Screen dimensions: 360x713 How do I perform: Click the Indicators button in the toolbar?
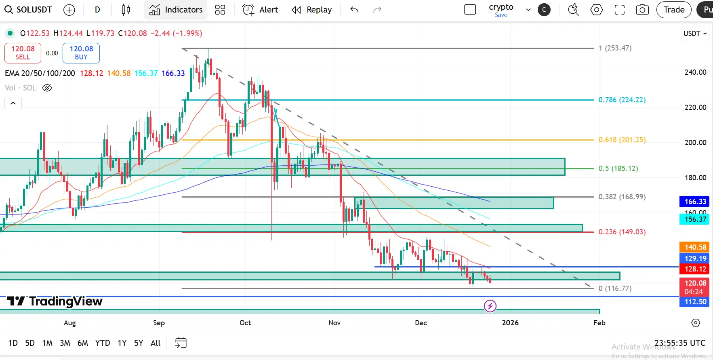[176, 10]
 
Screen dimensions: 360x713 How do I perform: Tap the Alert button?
[260, 10]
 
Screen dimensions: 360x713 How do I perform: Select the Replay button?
[311, 10]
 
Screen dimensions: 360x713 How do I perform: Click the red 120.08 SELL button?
[23, 53]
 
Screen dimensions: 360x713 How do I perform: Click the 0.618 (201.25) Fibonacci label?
[622, 140]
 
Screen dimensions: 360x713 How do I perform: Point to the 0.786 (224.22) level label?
[622, 100]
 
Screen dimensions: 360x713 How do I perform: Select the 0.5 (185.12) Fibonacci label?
[618, 168]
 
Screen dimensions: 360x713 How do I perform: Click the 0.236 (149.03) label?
[622, 232]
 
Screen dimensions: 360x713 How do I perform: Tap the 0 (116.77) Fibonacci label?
[615, 288]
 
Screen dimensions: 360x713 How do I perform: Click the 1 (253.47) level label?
[615, 48]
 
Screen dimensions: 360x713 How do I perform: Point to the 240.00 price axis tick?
[695, 72]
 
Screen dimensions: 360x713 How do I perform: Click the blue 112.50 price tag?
[695, 302]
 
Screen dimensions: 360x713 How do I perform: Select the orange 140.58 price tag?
[695, 247]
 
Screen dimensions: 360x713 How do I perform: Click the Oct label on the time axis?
[245, 323]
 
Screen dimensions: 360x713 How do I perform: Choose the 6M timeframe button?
[82, 343]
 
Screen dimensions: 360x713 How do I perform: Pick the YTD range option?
[103, 343]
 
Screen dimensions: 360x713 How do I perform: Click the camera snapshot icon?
[642, 10]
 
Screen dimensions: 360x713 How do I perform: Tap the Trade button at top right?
[674, 10]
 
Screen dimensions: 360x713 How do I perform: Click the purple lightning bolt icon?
[490, 306]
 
